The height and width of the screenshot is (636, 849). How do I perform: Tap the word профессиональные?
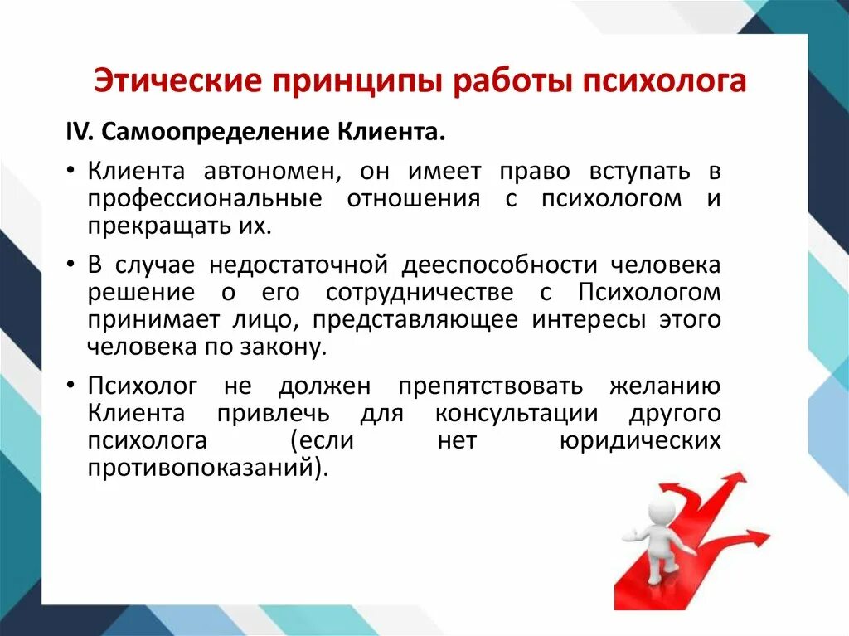[205, 198]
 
